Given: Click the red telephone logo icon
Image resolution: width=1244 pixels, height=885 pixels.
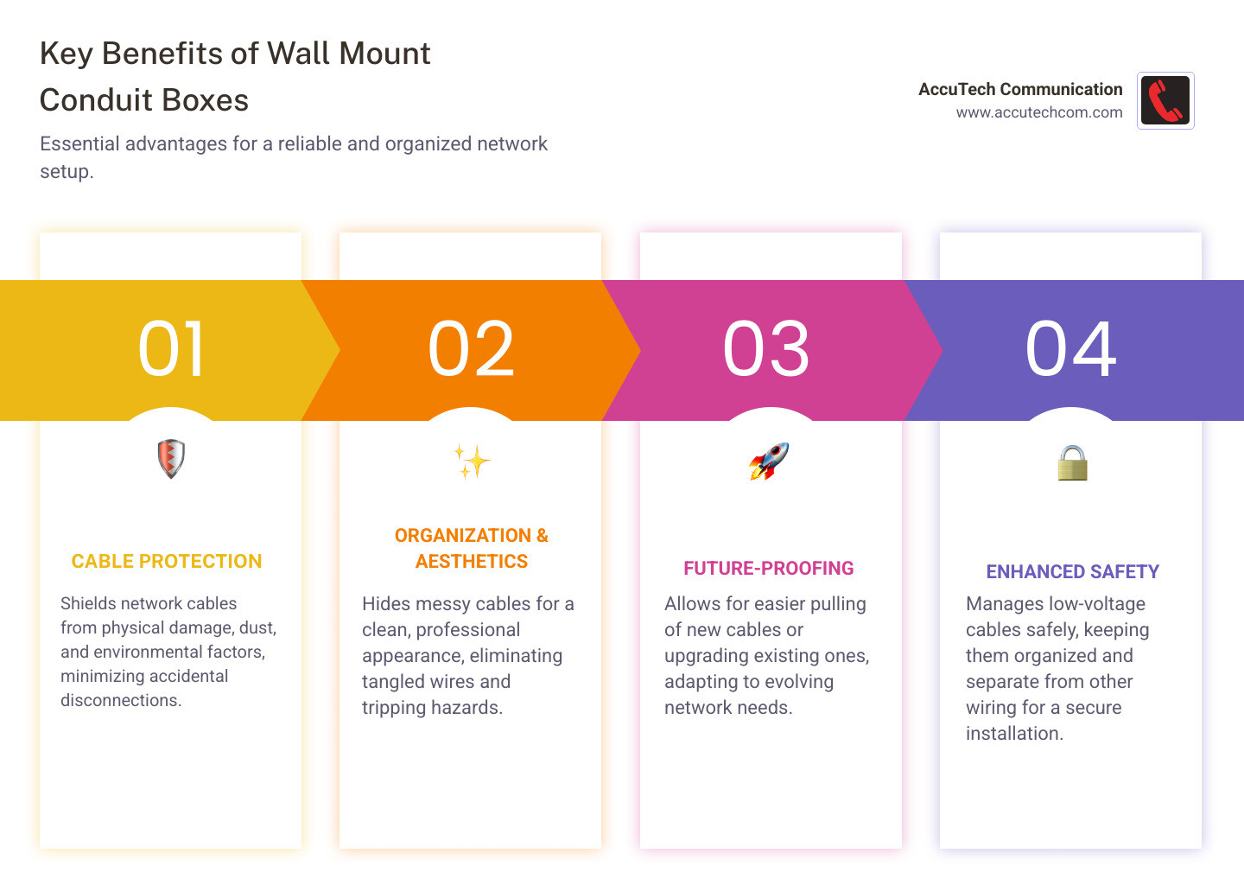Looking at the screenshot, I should tap(1165, 100).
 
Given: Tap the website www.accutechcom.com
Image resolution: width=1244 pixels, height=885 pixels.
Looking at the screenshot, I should tap(1038, 112).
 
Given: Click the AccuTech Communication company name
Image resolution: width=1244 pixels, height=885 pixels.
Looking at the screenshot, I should tap(1020, 89).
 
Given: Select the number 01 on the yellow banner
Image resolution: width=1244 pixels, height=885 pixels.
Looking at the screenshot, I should tap(172, 349).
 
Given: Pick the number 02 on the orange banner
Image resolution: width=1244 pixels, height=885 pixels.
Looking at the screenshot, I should tap(472, 349).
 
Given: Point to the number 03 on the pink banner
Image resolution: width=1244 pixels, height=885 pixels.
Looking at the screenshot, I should tap(766, 349).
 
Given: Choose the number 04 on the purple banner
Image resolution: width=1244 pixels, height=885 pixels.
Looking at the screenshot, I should tap(1071, 349).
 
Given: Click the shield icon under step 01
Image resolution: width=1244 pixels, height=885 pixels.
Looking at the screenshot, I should tap(171, 458).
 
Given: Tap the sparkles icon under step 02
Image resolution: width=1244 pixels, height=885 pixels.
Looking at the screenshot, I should tap(472, 462).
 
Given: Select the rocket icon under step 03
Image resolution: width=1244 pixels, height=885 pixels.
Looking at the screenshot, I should tap(769, 461).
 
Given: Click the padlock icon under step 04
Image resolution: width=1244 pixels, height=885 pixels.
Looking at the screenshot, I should tap(1072, 463).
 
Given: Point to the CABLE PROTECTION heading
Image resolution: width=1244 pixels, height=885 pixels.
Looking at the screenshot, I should tap(167, 562).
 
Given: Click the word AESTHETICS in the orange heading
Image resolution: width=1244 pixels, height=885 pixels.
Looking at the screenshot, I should tap(472, 562).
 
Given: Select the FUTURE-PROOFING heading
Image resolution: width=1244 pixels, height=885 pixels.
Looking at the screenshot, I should tap(769, 569).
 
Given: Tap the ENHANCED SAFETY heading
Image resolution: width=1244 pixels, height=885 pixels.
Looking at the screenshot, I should tap(1072, 572).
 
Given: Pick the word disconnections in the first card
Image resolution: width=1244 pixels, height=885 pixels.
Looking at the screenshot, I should tap(119, 701).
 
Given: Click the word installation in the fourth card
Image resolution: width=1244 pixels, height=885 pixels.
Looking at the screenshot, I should tap(1013, 734).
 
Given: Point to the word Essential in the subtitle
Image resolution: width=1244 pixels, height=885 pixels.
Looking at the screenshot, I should tap(79, 143).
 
